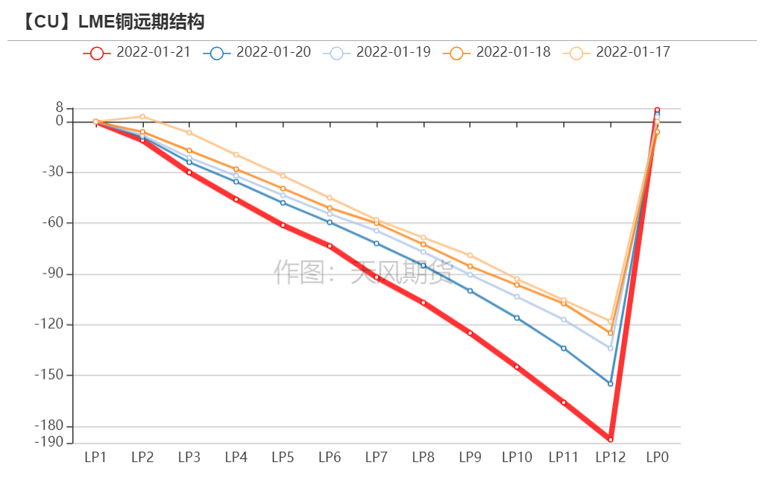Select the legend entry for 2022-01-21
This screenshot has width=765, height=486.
tap(137, 52)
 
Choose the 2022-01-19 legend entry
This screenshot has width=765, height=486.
tap(377, 52)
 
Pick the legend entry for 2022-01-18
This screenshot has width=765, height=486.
tap(497, 52)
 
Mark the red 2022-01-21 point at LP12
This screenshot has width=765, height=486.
tap(610, 440)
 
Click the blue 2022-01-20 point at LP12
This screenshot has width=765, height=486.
tap(610, 384)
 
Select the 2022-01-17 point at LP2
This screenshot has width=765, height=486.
tap(142, 116)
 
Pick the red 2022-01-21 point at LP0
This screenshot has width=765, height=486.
tap(657, 110)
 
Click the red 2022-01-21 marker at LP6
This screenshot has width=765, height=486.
tap(330, 246)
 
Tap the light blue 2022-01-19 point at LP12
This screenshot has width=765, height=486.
tap(610, 348)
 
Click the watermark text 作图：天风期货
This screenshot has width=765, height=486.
tap(363, 272)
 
